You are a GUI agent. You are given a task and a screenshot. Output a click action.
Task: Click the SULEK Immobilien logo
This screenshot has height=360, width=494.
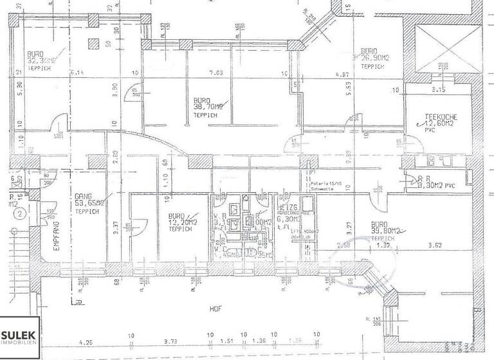click(x=20, y=338)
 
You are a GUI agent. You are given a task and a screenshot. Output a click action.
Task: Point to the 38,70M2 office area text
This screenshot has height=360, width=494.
click(x=209, y=107)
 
